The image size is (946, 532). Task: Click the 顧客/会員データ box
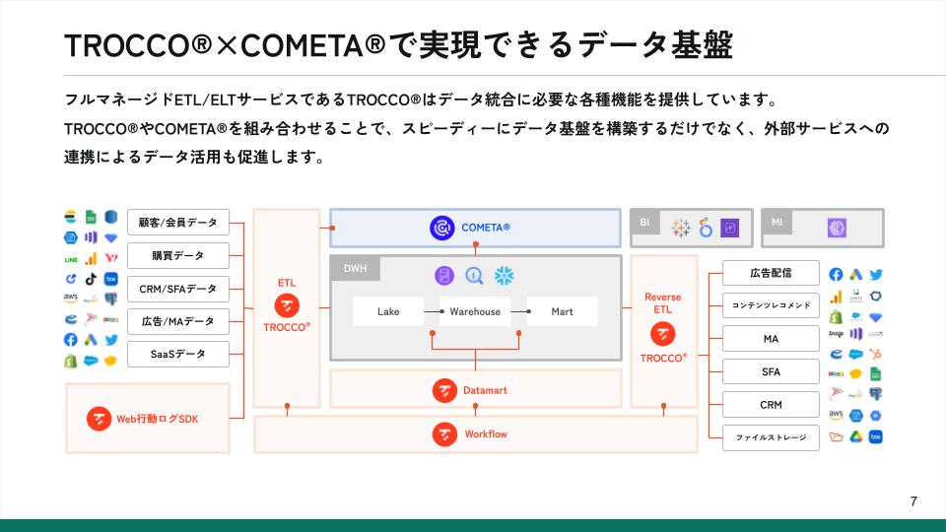(x=178, y=222)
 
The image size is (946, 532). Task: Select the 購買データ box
(x=178, y=255)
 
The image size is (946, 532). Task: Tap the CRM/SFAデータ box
(x=178, y=289)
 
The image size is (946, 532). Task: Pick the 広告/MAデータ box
(x=178, y=321)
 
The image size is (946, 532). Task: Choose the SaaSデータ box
(x=178, y=354)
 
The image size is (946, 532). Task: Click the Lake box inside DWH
(x=388, y=311)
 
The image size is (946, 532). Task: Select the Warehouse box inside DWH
(x=476, y=311)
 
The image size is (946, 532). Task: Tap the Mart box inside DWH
(x=562, y=311)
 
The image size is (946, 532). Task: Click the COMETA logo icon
(x=441, y=228)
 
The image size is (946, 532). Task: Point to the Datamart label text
(x=485, y=390)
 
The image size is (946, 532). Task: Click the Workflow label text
(x=486, y=433)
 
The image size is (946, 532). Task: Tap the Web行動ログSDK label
(x=158, y=419)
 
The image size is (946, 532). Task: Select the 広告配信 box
(x=771, y=273)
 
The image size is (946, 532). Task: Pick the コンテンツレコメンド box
(x=771, y=305)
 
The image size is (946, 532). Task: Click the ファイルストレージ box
(x=771, y=437)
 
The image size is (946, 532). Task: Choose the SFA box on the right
(x=771, y=371)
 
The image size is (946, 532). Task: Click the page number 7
(x=913, y=502)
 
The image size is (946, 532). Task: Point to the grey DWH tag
(x=354, y=268)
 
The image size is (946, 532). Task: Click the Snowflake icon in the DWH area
(x=505, y=276)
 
